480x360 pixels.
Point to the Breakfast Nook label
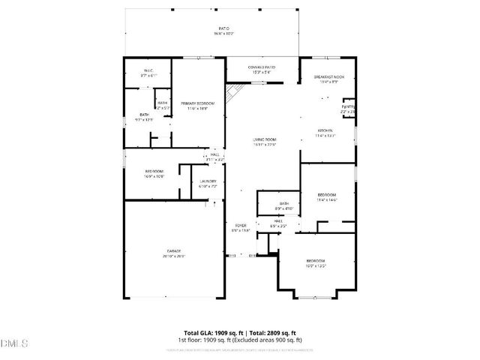point(328,78)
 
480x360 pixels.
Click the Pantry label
point(349,107)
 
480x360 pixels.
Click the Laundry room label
point(208,181)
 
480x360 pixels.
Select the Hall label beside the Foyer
point(277,221)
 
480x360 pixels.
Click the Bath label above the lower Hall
point(284,203)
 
